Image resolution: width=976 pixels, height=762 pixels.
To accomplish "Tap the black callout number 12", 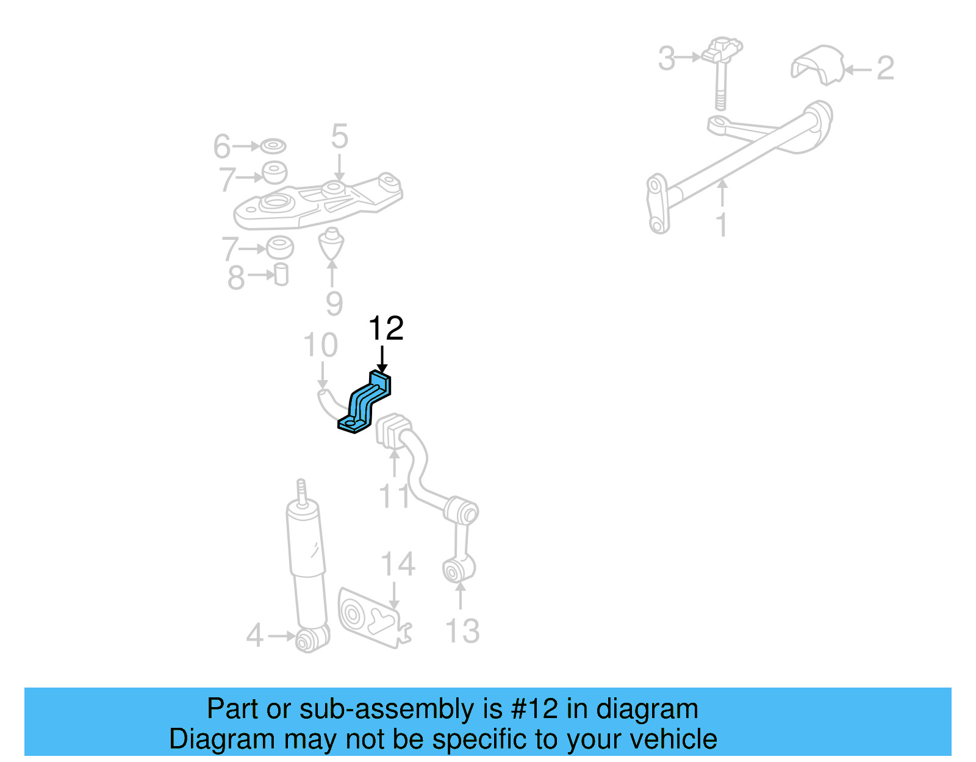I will click(386, 329).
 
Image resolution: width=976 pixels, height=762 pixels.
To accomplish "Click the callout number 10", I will click(320, 345).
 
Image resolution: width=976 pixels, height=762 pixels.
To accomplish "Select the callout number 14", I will click(398, 564).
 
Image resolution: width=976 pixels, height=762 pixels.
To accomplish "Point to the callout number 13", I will click(462, 631).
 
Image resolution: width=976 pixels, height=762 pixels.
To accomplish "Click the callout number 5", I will click(339, 137).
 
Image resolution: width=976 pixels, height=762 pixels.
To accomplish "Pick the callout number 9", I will click(334, 303).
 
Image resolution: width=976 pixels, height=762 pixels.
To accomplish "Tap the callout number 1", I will click(722, 225).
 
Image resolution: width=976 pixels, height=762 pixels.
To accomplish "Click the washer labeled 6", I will click(273, 146).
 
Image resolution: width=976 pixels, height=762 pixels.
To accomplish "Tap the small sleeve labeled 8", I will click(281, 275).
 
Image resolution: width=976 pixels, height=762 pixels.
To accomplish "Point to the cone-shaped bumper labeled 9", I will click(331, 244).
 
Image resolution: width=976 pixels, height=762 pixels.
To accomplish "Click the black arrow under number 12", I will click(382, 359).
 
